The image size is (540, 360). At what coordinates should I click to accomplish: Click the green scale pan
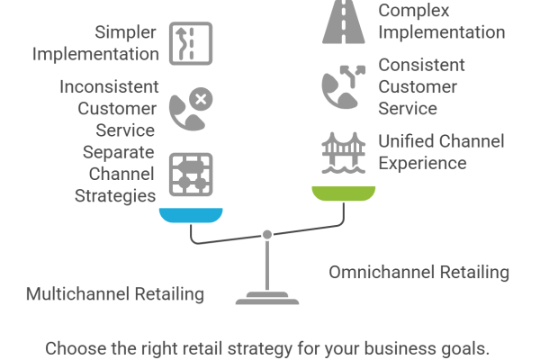(343, 192)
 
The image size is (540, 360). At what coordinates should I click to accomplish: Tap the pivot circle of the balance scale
(267, 234)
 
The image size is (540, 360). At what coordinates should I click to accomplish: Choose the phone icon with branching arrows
(342, 85)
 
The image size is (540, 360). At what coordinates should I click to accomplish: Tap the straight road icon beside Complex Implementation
(342, 22)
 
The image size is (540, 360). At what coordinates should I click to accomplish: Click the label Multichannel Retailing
(115, 294)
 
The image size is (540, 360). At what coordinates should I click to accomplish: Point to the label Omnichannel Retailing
(419, 272)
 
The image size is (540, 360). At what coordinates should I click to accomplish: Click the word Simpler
(127, 33)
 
